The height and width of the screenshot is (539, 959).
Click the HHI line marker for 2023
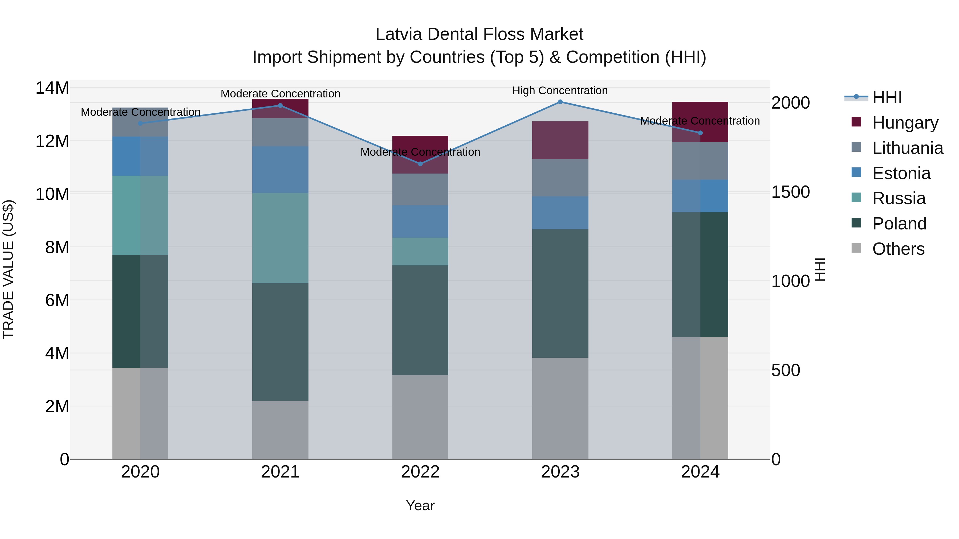coord(560,102)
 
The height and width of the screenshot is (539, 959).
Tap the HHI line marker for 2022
coord(420,164)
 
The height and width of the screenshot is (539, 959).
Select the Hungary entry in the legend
coord(905,122)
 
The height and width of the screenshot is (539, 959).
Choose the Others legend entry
coord(898,249)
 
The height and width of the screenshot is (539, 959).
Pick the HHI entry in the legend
coord(887,97)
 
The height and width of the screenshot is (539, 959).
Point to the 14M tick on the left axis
coord(52,88)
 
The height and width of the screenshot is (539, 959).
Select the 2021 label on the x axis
coord(280,472)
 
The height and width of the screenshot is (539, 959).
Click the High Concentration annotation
coord(560,90)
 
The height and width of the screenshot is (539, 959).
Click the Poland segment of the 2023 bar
coord(560,294)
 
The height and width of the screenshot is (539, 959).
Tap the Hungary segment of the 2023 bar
coord(560,140)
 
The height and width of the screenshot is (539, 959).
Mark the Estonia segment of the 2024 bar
coord(700,196)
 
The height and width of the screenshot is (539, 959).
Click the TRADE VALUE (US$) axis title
coord(9,269)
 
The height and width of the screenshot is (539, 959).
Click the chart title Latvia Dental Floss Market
coord(479,34)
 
